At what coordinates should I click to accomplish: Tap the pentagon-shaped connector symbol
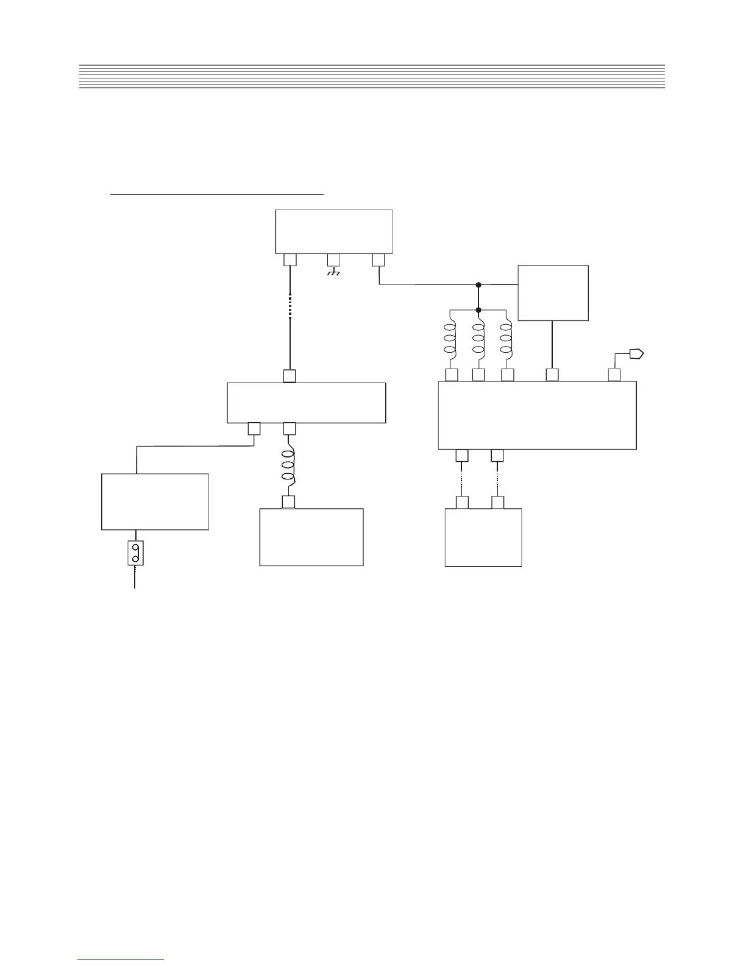(637, 353)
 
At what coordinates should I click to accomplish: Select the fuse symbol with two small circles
(135, 553)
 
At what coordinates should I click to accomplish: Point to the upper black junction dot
(478, 285)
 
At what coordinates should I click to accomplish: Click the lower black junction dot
(478, 309)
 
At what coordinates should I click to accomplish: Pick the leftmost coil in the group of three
(450, 339)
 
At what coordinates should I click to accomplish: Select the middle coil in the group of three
(478, 339)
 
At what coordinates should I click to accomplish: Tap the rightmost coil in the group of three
(506, 339)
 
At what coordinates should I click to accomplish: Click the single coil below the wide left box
(290, 467)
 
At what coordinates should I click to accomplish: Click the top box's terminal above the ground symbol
(333, 260)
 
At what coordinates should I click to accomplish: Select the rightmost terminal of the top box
(378, 260)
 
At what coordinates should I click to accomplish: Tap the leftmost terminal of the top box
(290, 260)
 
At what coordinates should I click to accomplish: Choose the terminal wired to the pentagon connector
(614, 375)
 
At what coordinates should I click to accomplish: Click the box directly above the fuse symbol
(155, 501)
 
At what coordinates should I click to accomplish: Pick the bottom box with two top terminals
(483, 538)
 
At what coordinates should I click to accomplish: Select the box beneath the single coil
(311, 537)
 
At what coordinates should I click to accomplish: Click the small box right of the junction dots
(553, 292)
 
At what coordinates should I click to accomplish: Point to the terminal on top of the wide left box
(290, 376)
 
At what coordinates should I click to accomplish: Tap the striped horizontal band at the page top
(372, 76)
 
